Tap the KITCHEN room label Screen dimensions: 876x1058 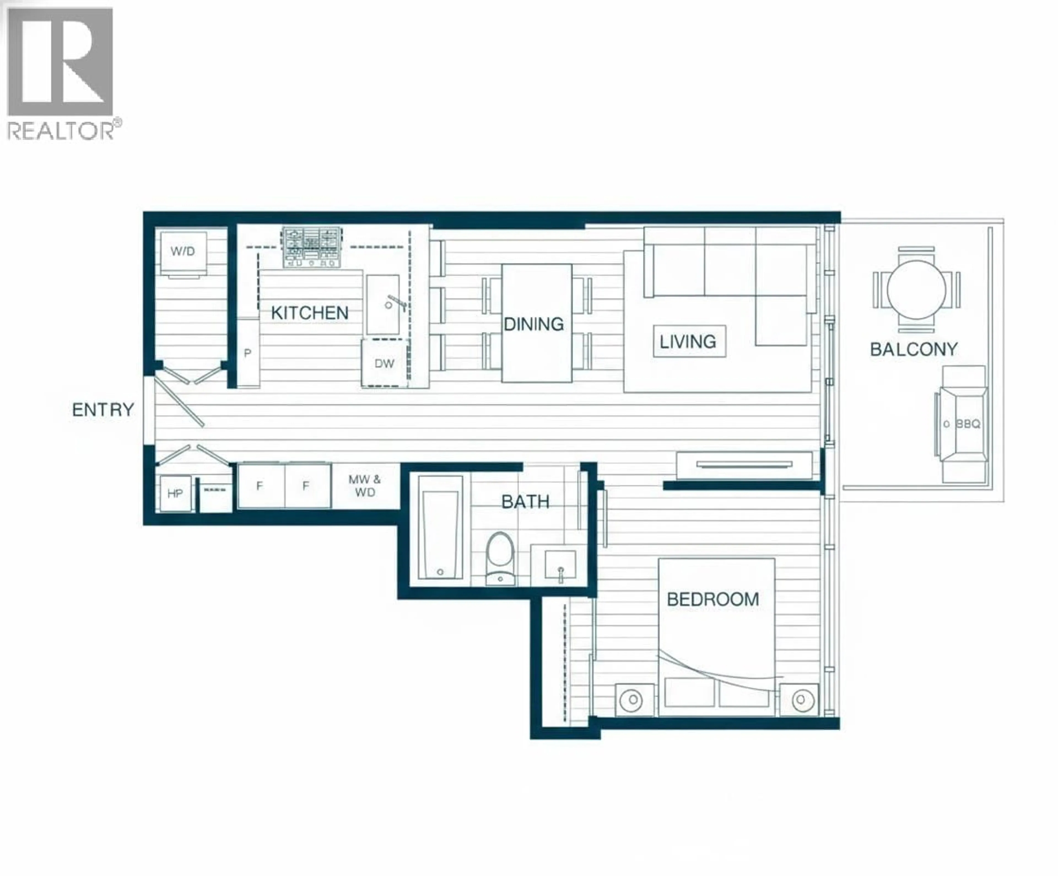pyautogui.click(x=309, y=313)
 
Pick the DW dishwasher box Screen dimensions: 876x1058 pyautogui.click(x=384, y=363)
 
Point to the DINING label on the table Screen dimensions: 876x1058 pyautogui.click(x=533, y=324)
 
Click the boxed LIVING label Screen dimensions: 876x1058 pyautogui.click(x=689, y=342)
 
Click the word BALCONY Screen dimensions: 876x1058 pyautogui.click(x=913, y=349)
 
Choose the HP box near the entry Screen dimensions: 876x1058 pyautogui.click(x=175, y=493)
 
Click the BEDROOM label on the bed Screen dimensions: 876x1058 pyautogui.click(x=712, y=600)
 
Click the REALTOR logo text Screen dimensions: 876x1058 pyautogui.click(x=61, y=131)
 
